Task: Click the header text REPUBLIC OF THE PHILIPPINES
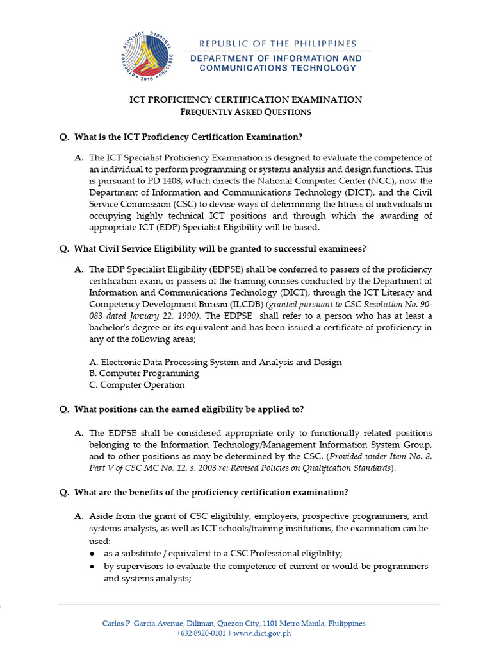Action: coord(277,44)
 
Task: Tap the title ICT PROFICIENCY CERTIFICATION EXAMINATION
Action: coord(246,99)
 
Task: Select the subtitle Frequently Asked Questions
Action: coord(246,112)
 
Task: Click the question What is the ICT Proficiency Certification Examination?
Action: coord(188,137)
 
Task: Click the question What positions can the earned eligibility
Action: coord(189,409)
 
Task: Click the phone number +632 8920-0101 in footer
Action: coord(201,633)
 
